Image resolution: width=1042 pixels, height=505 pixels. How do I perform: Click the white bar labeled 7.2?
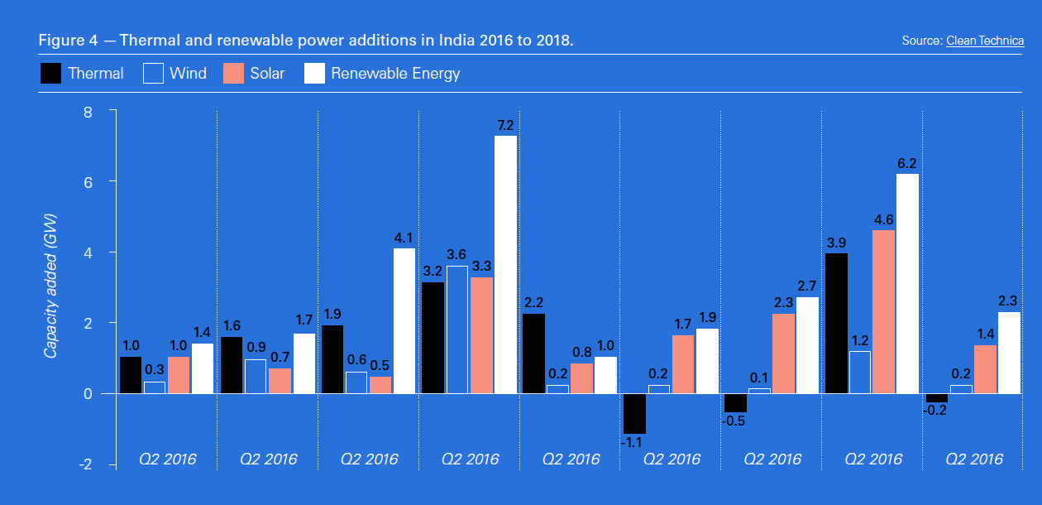tap(505, 264)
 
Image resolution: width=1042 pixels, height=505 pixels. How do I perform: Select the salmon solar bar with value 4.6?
tap(883, 311)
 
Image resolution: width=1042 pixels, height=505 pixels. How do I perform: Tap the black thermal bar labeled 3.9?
tap(836, 323)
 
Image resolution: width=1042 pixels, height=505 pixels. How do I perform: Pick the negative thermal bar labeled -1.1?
tap(634, 413)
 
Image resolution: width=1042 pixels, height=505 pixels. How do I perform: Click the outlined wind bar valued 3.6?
tap(456, 329)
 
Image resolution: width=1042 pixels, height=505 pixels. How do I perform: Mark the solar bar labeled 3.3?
tap(480, 335)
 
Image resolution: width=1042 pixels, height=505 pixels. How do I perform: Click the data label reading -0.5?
tap(734, 421)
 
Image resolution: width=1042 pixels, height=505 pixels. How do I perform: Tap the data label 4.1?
tap(404, 238)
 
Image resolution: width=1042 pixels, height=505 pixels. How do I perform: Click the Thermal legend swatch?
tap(51, 74)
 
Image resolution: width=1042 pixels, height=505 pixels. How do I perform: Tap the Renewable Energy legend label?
tap(395, 74)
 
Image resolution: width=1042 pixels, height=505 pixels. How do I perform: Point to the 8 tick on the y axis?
tap(88, 111)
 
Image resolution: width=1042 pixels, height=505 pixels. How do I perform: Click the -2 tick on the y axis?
tap(85, 464)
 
